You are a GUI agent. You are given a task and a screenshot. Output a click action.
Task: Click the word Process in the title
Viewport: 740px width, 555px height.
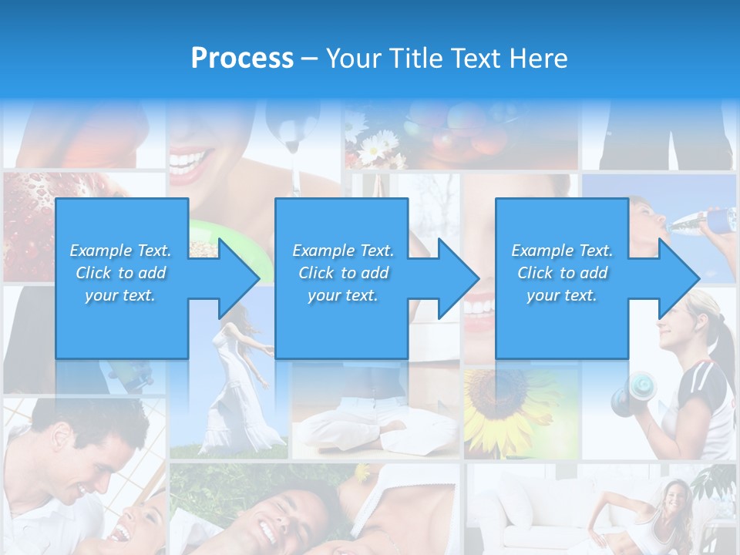(242, 59)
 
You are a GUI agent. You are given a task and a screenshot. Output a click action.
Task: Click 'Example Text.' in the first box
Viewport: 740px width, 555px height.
(121, 251)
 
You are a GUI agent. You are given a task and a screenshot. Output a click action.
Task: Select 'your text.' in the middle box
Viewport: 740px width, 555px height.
(342, 295)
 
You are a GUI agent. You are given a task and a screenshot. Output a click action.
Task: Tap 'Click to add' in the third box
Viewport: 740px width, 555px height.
(562, 273)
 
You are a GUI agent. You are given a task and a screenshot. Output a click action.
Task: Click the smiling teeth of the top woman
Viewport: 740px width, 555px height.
(190, 162)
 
